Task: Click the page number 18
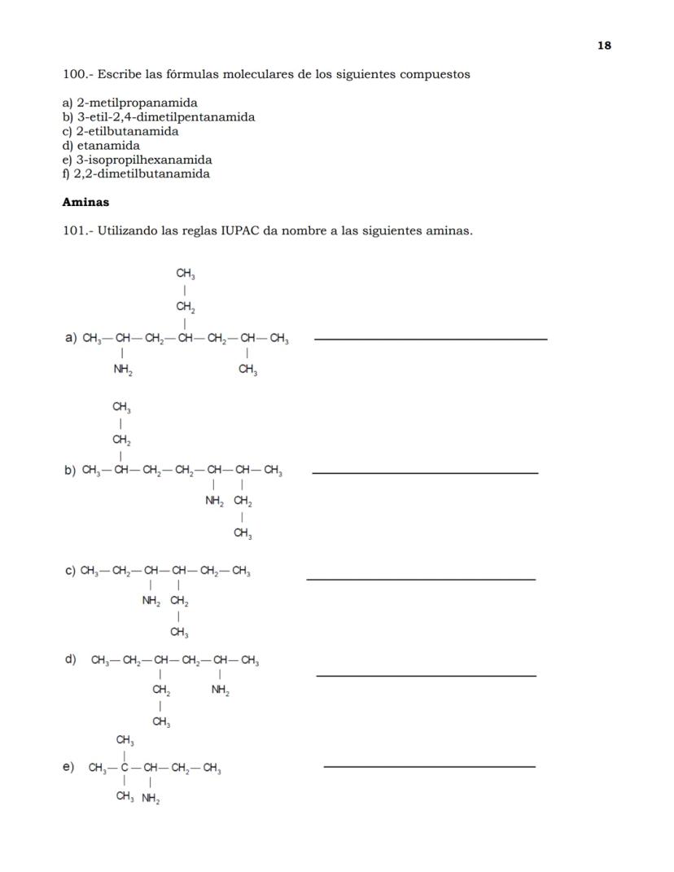(604, 46)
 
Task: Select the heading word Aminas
(85, 202)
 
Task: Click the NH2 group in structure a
(123, 371)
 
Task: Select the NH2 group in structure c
(151, 602)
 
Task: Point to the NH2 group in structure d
(220, 692)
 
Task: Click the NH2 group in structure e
(151, 800)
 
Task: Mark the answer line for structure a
(430, 339)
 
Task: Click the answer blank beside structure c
(420, 579)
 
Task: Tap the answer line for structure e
(429, 766)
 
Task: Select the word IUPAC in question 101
(240, 230)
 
